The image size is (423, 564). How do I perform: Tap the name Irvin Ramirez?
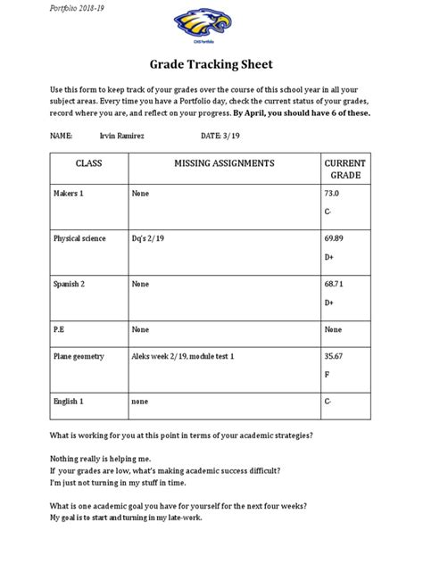(124, 136)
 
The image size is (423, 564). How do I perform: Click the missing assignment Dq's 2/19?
(148, 238)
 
